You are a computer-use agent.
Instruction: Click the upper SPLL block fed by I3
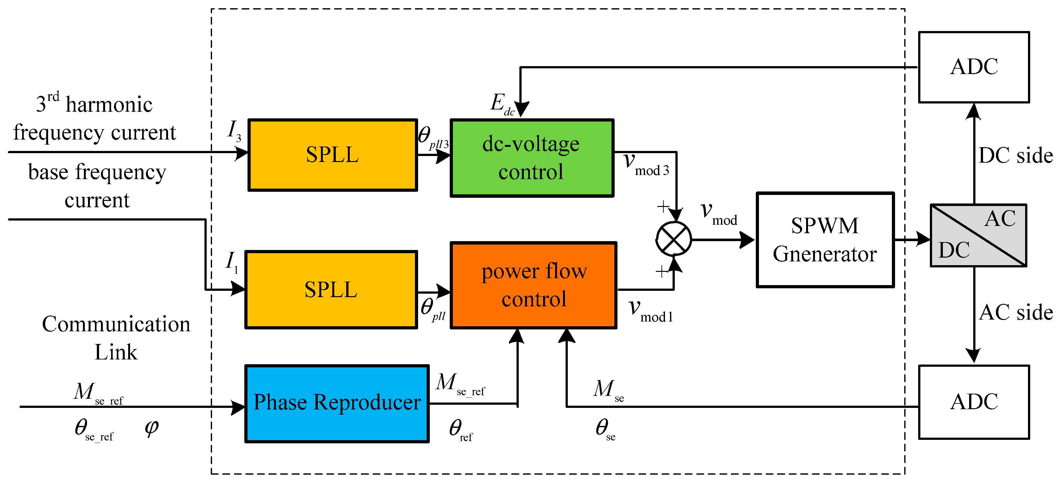pyautogui.click(x=332, y=155)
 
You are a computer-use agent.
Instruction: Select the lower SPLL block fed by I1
pyautogui.click(x=331, y=290)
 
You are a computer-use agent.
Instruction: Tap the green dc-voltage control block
pyautogui.click(x=531, y=158)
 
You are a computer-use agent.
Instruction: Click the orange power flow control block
pyautogui.click(x=534, y=285)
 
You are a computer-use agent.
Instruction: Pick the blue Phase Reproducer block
pyautogui.click(x=337, y=403)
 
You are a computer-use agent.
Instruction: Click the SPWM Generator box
pyautogui.click(x=825, y=240)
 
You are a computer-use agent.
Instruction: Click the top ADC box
pyautogui.click(x=974, y=67)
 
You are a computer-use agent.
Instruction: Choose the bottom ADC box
pyautogui.click(x=974, y=402)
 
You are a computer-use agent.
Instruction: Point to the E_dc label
pyautogui.click(x=502, y=104)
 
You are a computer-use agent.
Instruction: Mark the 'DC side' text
pyautogui.click(x=1015, y=156)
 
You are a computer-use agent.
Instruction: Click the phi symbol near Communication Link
pyautogui.click(x=151, y=428)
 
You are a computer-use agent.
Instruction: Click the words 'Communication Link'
pyautogui.click(x=116, y=338)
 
